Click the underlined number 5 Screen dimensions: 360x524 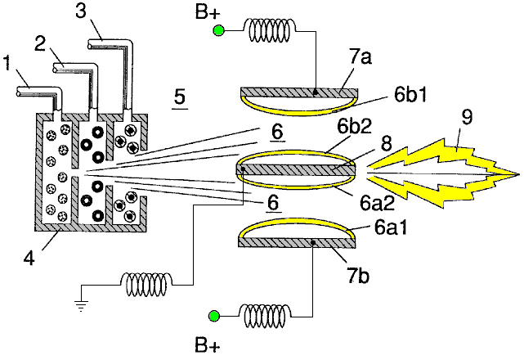pos(180,97)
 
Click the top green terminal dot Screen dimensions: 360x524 pos(218,31)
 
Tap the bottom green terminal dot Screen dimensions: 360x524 pos(214,315)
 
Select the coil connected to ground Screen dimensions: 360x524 pos(148,283)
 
